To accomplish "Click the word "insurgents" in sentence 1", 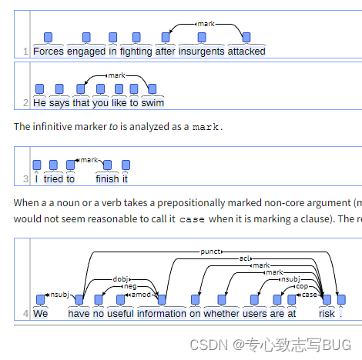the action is click(x=202, y=52).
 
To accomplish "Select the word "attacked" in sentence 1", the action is click(x=246, y=52).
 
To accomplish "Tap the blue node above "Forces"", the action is click(x=49, y=38).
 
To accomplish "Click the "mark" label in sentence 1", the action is click(x=206, y=24).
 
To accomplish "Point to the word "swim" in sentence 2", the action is click(x=153, y=103).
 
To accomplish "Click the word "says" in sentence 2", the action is click(x=59, y=103).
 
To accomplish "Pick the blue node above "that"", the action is click(x=81, y=89).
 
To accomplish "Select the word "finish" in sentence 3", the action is click(x=107, y=179).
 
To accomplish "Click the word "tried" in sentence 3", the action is click(x=53, y=179).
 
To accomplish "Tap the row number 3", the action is click(x=25, y=179).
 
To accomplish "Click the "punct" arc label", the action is click(x=210, y=252).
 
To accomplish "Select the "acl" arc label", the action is click(x=244, y=258).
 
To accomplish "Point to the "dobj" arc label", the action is click(x=120, y=279).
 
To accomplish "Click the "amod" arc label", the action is click(x=141, y=295).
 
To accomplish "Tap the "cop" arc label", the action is click(x=302, y=286).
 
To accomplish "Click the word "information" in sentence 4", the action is click(x=162, y=314).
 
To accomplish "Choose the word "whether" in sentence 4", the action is click(x=222, y=314).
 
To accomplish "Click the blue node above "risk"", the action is click(x=327, y=299).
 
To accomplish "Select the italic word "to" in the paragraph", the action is click(x=113, y=127).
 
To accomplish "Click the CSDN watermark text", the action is click(x=270, y=345).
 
